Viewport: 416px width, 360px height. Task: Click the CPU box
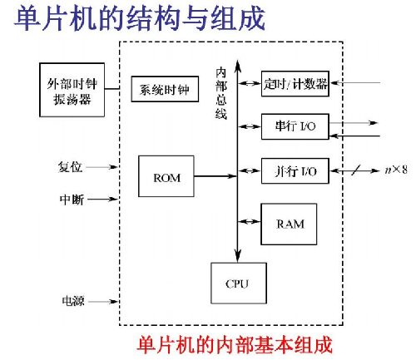coord(237,283)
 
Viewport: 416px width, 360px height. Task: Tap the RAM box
coord(290,224)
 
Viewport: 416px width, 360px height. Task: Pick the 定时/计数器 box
coord(295,83)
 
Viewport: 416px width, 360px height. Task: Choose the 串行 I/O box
coord(295,126)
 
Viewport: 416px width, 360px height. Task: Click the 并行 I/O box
coord(295,170)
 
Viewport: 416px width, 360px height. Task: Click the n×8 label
coord(396,170)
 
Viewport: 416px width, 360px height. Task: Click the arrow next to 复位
coord(102,167)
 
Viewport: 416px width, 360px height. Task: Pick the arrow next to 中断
coord(102,200)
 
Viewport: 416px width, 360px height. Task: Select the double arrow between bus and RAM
coord(250,219)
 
